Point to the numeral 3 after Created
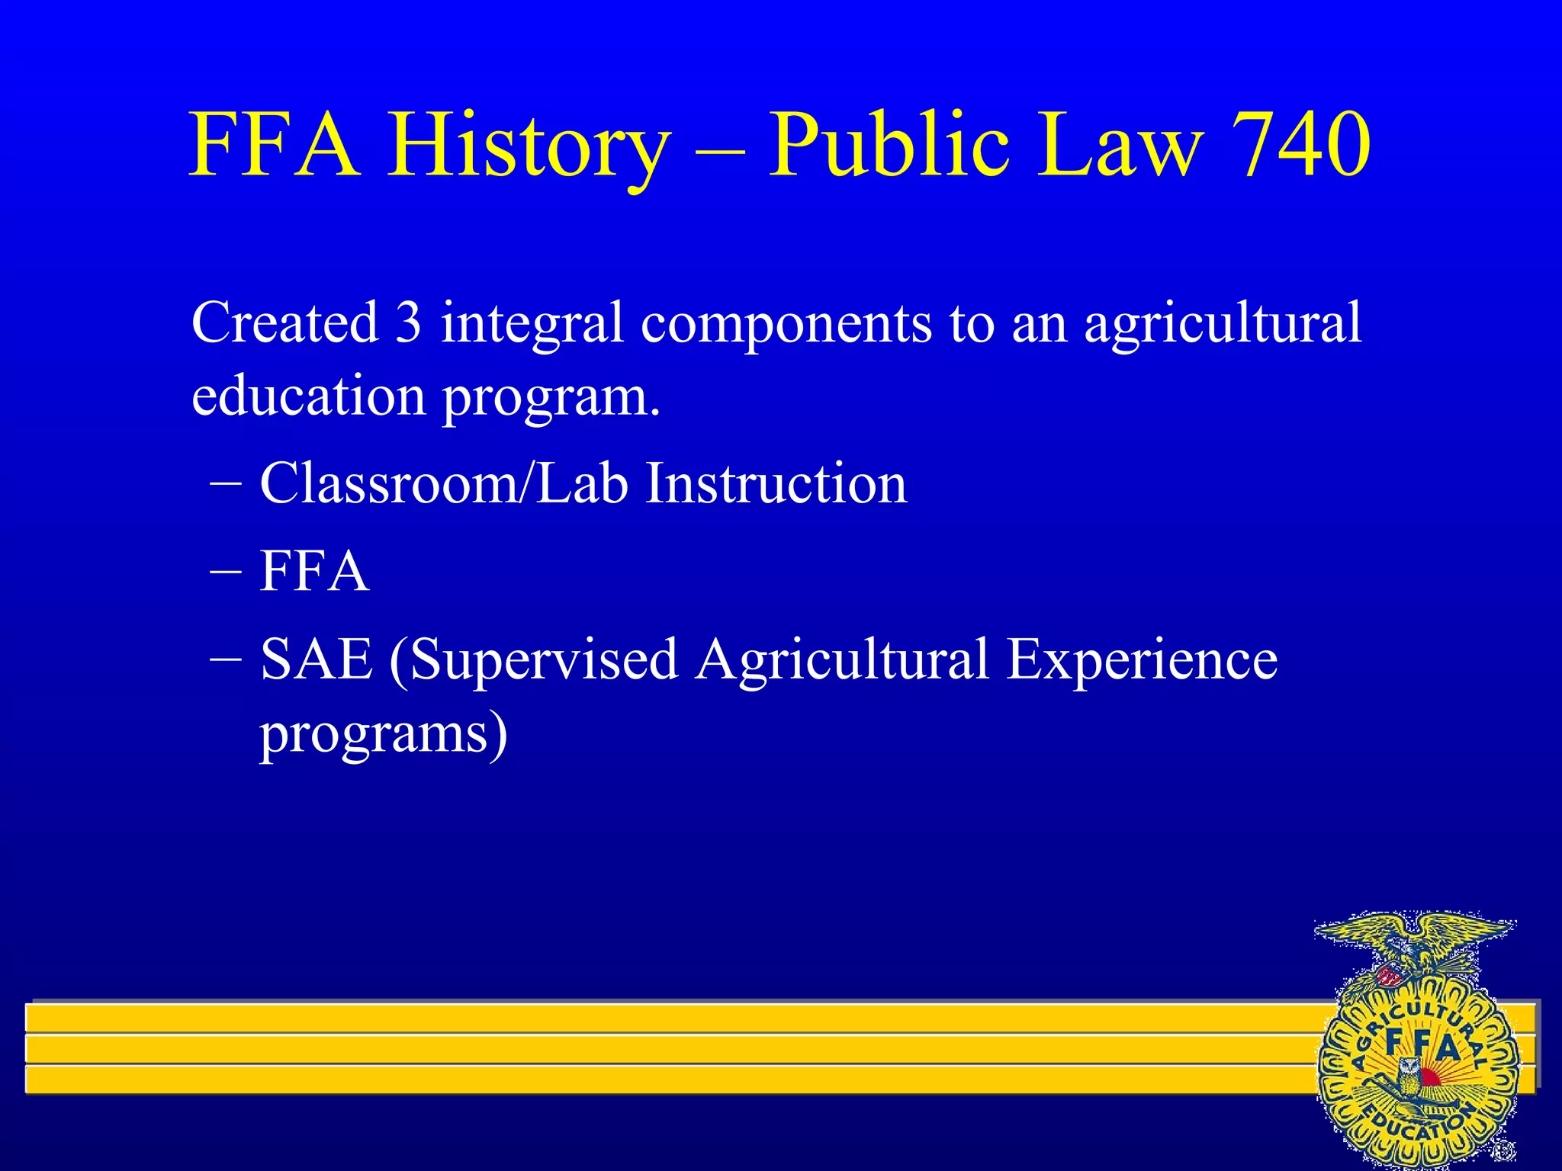(408, 322)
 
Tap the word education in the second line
(308, 396)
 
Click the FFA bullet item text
(314, 571)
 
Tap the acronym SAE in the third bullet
(316, 659)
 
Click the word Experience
(1142, 660)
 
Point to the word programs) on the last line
(383, 734)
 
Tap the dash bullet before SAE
(226, 659)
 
